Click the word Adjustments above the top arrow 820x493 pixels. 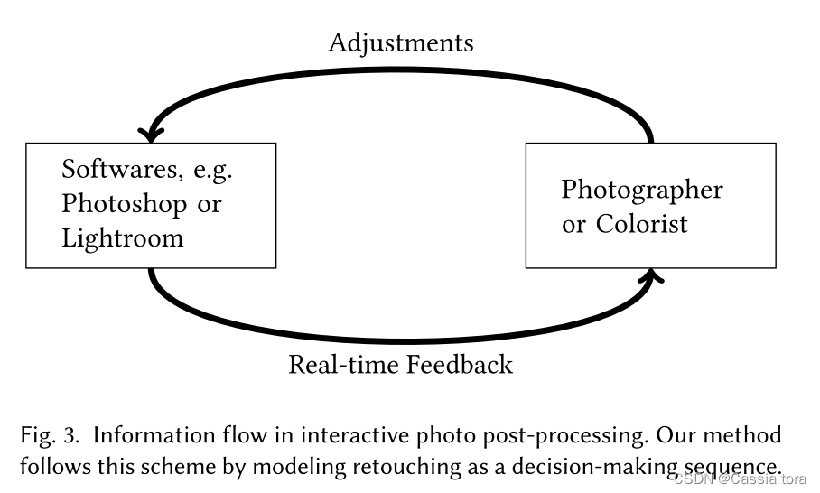point(400,42)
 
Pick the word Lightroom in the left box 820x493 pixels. point(123,238)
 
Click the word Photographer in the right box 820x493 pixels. point(642,190)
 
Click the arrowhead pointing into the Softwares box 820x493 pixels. point(150,134)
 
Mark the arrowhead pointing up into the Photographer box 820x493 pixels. point(651,274)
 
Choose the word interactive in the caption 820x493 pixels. point(351,435)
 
